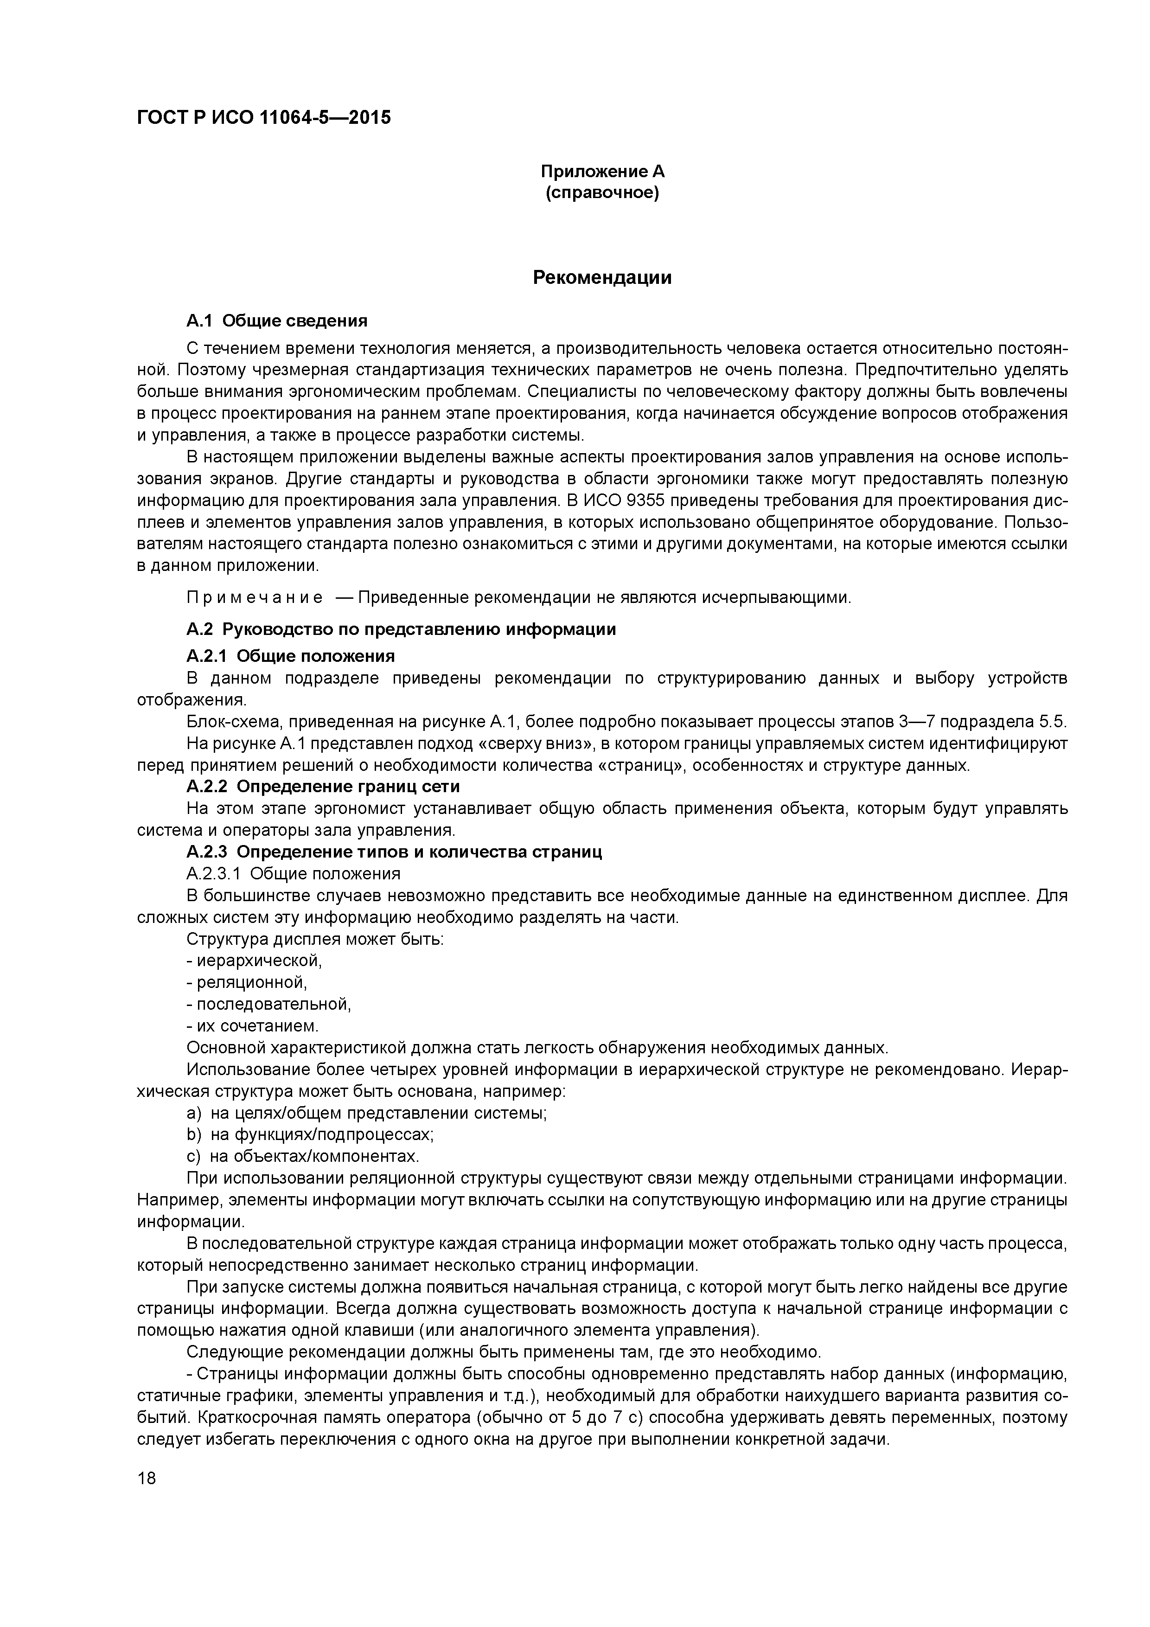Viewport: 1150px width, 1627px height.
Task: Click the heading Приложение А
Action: [602, 172]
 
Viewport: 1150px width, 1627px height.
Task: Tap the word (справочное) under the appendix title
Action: [602, 193]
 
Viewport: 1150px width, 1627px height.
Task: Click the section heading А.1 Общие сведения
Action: [276, 321]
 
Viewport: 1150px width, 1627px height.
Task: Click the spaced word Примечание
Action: [255, 597]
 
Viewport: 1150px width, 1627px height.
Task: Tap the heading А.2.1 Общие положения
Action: [290, 655]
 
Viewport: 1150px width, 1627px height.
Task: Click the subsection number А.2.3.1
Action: [213, 874]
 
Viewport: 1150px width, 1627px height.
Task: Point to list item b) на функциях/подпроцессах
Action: [310, 1134]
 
